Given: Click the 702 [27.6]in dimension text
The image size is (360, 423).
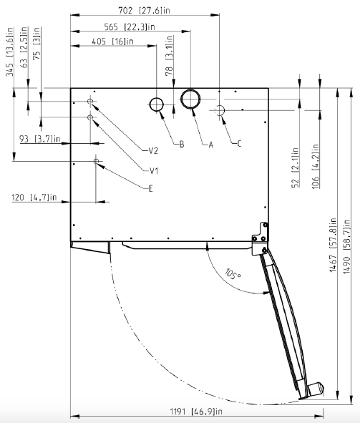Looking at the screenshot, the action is [145, 11].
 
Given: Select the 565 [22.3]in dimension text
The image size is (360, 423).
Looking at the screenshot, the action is [130, 26].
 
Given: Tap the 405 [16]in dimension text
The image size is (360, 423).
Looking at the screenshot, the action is [112, 42].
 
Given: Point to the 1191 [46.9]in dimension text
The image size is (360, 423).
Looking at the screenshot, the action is [196, 412].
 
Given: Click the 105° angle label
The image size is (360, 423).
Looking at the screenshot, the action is [233, 274].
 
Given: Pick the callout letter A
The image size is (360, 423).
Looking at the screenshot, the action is [211, 145].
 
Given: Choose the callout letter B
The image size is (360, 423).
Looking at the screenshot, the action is [182, 145].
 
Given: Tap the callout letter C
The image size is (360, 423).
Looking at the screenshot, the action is [239, 144].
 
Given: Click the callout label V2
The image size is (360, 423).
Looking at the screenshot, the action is [153, 151].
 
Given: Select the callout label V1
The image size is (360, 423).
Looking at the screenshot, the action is [154, 171].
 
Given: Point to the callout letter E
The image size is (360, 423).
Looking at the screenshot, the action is [151, 188].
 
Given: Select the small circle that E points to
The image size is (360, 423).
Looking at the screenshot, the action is [96, 161].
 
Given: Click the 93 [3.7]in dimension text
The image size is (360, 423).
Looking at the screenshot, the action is [39, 139].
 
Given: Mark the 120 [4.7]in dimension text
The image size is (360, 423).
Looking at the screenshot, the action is [34, 198].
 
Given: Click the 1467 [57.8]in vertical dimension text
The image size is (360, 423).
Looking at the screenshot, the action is [334, 245].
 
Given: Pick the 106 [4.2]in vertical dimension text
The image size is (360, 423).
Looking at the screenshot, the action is [316, 166].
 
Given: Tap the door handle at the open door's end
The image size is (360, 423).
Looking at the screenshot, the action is [315, 389].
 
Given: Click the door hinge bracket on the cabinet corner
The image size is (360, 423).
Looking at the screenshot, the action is [261, 238].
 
